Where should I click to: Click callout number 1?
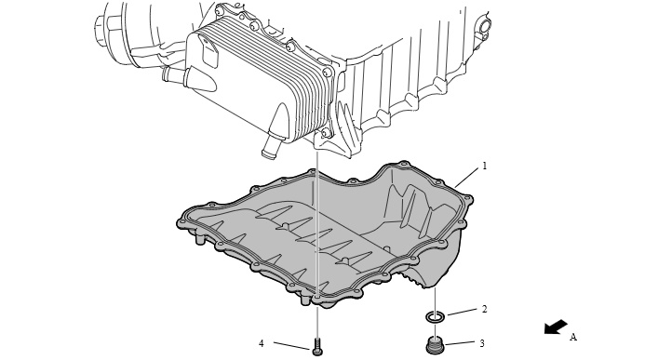pyautogui.click(x=485, y=166)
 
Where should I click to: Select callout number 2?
pyautogui.click(x=485, y=309)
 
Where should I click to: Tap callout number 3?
pyautogui.click(x=482, y=342)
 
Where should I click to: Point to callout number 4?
pyautogui.click(x=262, y=343)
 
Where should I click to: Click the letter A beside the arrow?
pyautogui.click(x=573, y=337)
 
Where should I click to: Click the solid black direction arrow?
pyautogui.click(x=556, y=327)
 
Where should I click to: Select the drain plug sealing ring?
pyautogui.click(x=435, y=316)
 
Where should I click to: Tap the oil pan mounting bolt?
pyautogui.click(x=317, y=346)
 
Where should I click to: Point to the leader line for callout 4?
pyautogui.click(x=291, y=346)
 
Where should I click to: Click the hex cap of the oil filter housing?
pyautogui.click(x=100, y=28)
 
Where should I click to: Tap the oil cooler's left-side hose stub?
pyautogui.click(x=175, y=75)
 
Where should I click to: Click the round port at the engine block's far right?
pyautogui.click(x=483, y=27)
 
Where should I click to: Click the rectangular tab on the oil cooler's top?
pyautogui.click(x=209, y=51)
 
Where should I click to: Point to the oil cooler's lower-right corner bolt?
pyautogui.click(x=327, y=133)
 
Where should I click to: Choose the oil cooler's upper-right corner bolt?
pyautogui.click(x=328, y=73)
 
